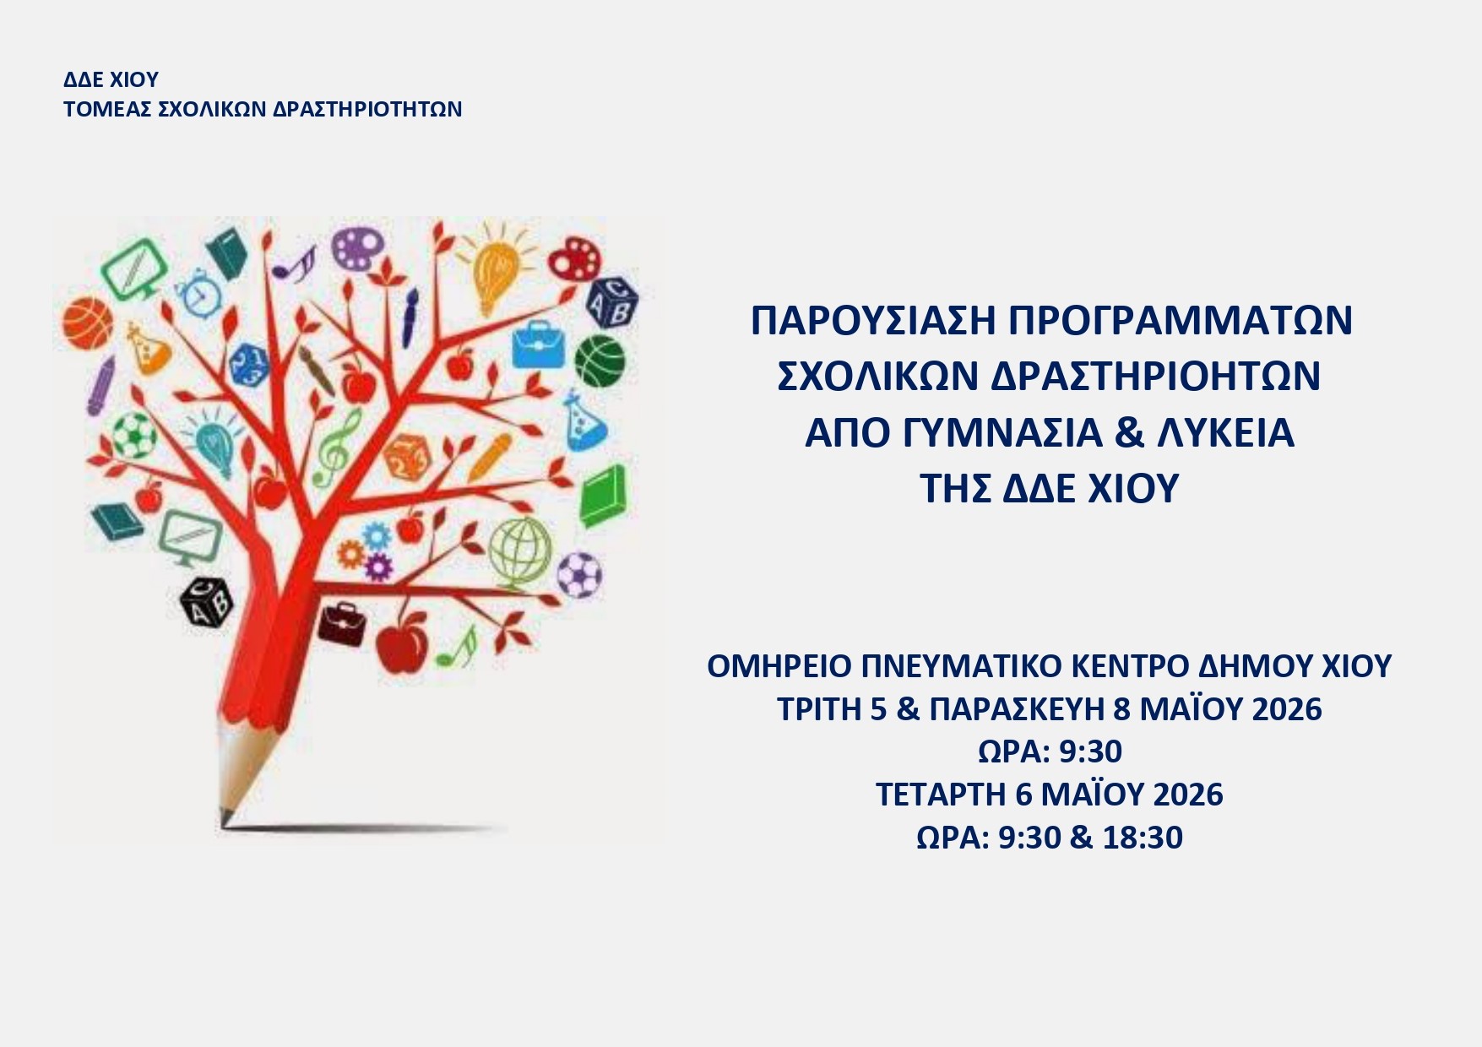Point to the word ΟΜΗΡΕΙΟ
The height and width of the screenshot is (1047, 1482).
coord(779,667)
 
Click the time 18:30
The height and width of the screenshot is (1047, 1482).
coord(1143,838)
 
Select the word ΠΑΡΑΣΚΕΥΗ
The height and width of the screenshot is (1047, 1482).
coord(1016,709)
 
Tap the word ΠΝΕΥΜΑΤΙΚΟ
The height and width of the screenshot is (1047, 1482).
coord(960,667)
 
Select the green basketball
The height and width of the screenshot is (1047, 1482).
coord(600,361)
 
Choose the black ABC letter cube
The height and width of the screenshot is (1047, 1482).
coord(206,600)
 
